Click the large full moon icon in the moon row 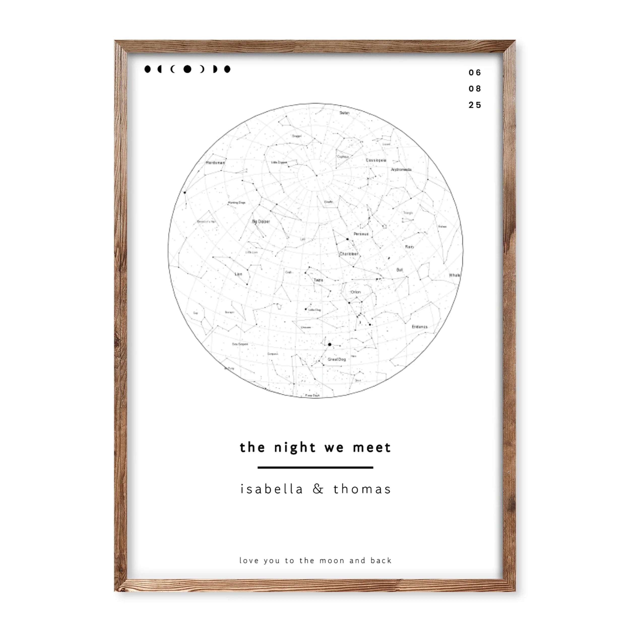click(187, 69)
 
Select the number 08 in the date click(475, 89)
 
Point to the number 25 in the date click(475, 105)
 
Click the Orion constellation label click(355, 292)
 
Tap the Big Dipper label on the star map click(261, 222)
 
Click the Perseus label click(361, 234)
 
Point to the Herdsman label click(215, 162)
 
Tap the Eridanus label click(419, 326)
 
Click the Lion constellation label click(238, 274)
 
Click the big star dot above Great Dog click(330, 344)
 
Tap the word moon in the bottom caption click(332, 560)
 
